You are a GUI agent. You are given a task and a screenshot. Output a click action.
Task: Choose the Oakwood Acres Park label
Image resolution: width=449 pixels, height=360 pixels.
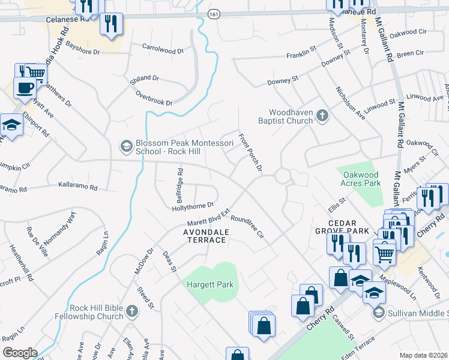[359, 178]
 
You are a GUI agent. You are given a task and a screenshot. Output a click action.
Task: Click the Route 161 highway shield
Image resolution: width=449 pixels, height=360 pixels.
[214, 13]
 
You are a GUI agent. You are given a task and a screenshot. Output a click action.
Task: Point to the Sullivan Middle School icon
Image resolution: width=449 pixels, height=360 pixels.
[378, 312]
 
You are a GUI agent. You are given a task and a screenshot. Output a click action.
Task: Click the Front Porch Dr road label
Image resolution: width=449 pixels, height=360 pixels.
[251, 152]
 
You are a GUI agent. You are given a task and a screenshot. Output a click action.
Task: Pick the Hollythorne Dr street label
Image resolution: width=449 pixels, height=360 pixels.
[193, 205]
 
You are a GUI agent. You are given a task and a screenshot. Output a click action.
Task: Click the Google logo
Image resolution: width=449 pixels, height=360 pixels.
[20, 353]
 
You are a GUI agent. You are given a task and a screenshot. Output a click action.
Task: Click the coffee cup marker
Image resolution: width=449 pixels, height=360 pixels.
[25, 88]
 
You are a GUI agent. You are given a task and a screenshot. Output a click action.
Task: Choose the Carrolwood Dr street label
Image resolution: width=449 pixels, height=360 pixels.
[163, 48]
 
